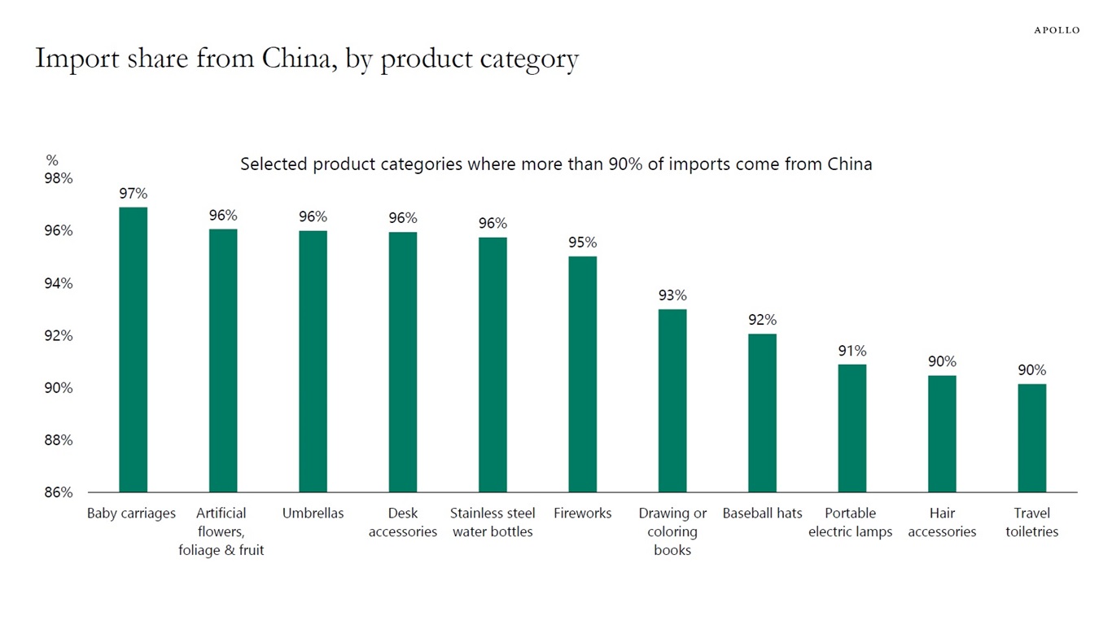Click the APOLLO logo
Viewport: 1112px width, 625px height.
click(x=1057, y=30)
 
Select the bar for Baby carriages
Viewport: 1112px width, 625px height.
click(x=133, y=350)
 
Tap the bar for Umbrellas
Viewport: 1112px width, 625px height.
click(x=313, y=361)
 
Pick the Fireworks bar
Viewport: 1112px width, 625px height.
click(x=582, y=374)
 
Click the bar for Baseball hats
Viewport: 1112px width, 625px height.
click(x=762, y=413)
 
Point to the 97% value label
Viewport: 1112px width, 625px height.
click(x=133, y=194)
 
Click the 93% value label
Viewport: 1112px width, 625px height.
click(x=672, y=295)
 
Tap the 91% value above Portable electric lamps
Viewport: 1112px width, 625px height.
click(x=852, y=351)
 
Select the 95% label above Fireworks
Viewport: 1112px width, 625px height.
click(x=582, y=243)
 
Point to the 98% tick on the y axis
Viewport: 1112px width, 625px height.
click(x=58, y=178)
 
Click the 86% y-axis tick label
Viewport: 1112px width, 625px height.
click(x=58, y=492)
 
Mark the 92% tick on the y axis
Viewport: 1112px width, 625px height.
click(x=58, y=335)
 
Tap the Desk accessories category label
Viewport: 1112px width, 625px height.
click(x=403, y=522)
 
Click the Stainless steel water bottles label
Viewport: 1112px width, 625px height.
click(x=493, y=522)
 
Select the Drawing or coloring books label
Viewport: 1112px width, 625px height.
click(x=672, y=531)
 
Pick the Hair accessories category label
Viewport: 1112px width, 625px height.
click(x=942, y=522)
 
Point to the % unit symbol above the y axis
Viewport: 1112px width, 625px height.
click(x=52, y=161)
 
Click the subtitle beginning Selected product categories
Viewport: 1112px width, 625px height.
click(x=556, y=164)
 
